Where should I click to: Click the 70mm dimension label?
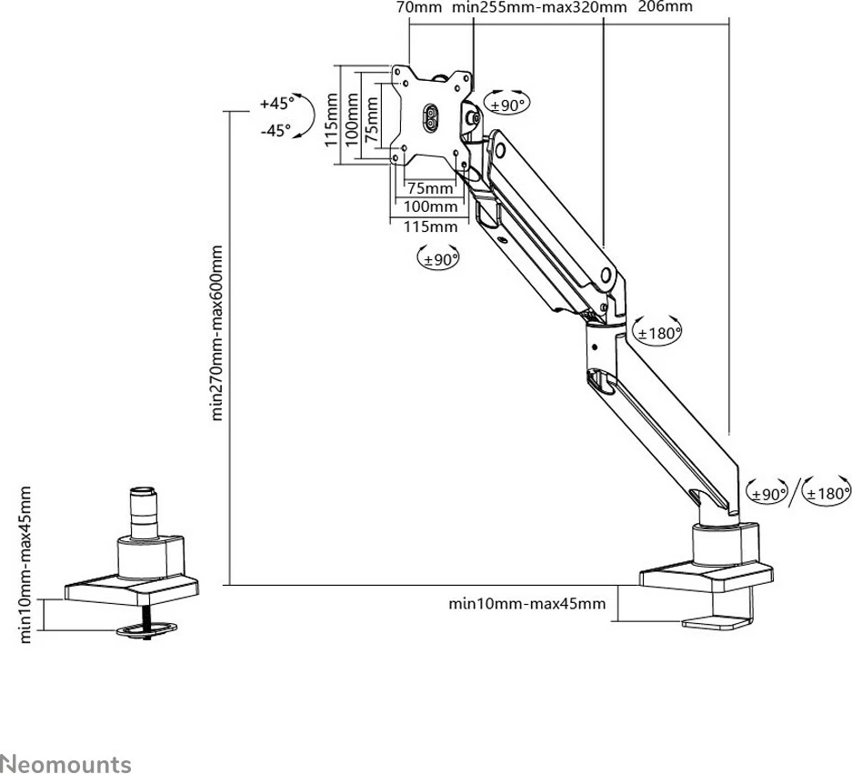(418, 7)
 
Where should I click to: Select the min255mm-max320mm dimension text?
(539, 7)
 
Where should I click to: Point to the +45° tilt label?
(276, 103)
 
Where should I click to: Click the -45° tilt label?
(276, 130)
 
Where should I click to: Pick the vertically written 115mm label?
(332, 115)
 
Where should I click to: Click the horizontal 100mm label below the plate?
(431, 207)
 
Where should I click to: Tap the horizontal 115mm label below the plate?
(431, 226)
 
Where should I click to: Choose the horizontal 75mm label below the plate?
(430, 188)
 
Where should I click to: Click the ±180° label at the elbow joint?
(658, 333)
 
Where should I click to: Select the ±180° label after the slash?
(827, 494)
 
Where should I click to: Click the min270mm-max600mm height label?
(217, 332)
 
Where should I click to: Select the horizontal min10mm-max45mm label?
(526, 603)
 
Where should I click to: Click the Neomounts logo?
(65, 739)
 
